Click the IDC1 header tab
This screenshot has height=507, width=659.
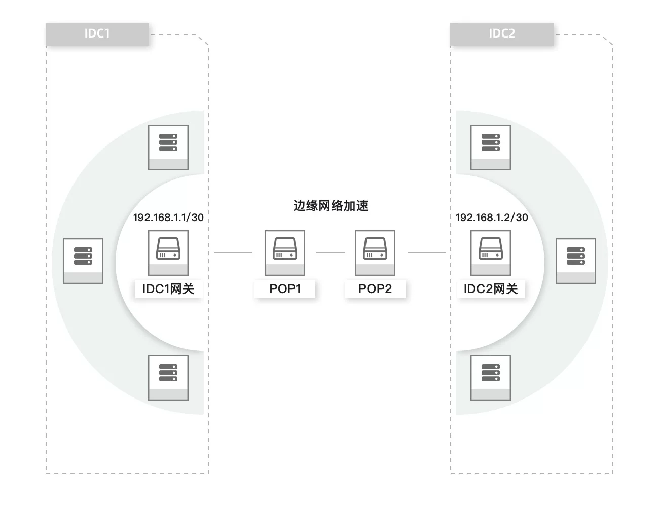pyautogui.click(x=97, y=34)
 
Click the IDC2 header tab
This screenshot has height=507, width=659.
pyautogui.click(x=502, y=34)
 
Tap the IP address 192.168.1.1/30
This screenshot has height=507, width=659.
pyautogui.click(x=168, y=218)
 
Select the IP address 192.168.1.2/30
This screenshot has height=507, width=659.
pyautogui.click(x=492, y=218)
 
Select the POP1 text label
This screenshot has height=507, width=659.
pyautogui.click(x=285, y=289)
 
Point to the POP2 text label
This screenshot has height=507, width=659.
pyautogui.click(x=375, y=289)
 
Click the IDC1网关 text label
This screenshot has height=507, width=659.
pyautogui.click(x=168, y=289)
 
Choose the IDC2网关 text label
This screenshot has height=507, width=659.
pyautogui.click(x=491, y=289)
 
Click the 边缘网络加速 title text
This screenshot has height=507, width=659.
pyautogui.click(x=331, y=206)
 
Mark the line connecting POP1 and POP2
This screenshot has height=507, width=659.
pyautogui.click(x=330, y=252)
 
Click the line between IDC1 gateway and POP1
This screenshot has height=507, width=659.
pyautogui.click(x=233, y=252)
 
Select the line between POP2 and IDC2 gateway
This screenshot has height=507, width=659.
pyautogui.click(x=426, y=252)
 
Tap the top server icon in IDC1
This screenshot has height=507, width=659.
pyautogui.click(x=168, y=147)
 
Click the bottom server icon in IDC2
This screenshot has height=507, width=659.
pyautogui.click(x=491, y=377)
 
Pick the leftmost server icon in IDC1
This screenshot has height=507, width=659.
pyautogui.click(x=83, y=261)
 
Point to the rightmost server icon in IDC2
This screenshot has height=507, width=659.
pyautogui.click(x=576, y=261)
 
